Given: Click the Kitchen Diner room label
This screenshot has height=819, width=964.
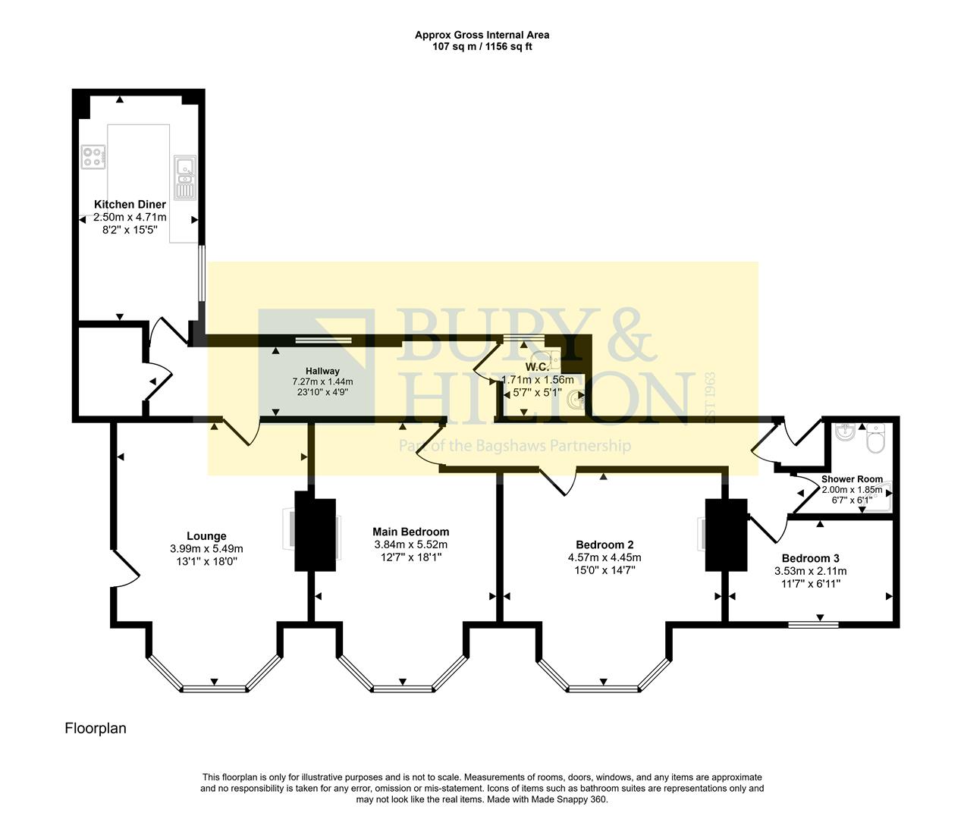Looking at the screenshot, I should tap(130, 205).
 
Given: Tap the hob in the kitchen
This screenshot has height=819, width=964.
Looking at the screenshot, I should tap(93, 157).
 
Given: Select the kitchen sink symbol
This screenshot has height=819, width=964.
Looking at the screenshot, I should tap(184, 177).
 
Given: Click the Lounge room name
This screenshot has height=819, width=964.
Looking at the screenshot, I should tap(206, 536).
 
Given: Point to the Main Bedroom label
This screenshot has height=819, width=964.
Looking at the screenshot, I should tap(410, 532).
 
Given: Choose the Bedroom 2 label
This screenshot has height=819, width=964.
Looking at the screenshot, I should tap(604, 544).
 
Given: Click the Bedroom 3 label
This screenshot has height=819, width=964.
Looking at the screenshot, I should tap(810, 558).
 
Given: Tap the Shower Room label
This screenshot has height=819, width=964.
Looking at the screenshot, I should tap(852, 479).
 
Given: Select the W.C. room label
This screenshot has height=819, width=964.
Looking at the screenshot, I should tap(537, 367).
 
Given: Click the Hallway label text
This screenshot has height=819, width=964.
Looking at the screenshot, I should tap(322, 371).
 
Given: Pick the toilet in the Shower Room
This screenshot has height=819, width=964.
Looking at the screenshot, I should tap(875, 438).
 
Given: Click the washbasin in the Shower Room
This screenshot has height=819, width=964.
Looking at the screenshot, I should tap(845, 432).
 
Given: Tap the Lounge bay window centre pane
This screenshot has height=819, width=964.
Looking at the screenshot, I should tap(215, 689).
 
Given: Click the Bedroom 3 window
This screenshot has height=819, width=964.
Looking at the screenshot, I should tap(812, 625).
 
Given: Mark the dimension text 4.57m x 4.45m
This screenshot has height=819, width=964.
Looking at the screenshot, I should tap(604, 557).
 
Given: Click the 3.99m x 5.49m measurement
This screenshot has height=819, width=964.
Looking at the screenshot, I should tap(206, 549).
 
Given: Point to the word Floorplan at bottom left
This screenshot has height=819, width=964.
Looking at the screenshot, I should tap(96, 729).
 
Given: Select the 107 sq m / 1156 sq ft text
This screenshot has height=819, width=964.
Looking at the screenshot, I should tap(482, 46).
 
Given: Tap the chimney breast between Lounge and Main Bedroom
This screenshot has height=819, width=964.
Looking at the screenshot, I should tap(315, 534).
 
